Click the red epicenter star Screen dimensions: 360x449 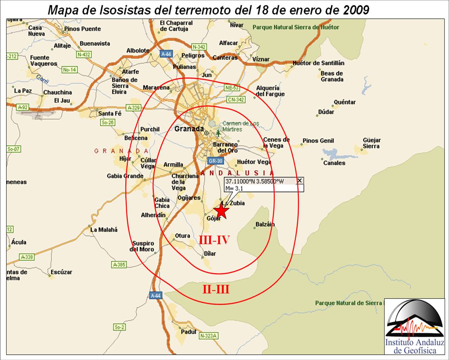click(221, 212)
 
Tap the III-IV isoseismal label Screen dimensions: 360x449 click(214, 240)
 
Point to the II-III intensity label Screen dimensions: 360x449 click(216, 289)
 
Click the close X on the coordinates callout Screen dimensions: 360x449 click(299, 181)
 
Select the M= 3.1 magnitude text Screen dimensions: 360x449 click(235, 188)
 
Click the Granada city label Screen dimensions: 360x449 click(189, 129)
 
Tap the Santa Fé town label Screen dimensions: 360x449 click(110, 113)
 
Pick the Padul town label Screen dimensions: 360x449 click(188, 332)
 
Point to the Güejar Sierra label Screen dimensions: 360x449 click(372, 143)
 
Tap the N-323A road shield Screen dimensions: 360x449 click(208, 336)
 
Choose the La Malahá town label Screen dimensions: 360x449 click(104, 230)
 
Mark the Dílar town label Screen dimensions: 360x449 click(210, 253)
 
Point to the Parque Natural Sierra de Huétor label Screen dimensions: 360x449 click(296, 27)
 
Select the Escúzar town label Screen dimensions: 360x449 click(61, 272)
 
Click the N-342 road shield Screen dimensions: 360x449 click(199, 47)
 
